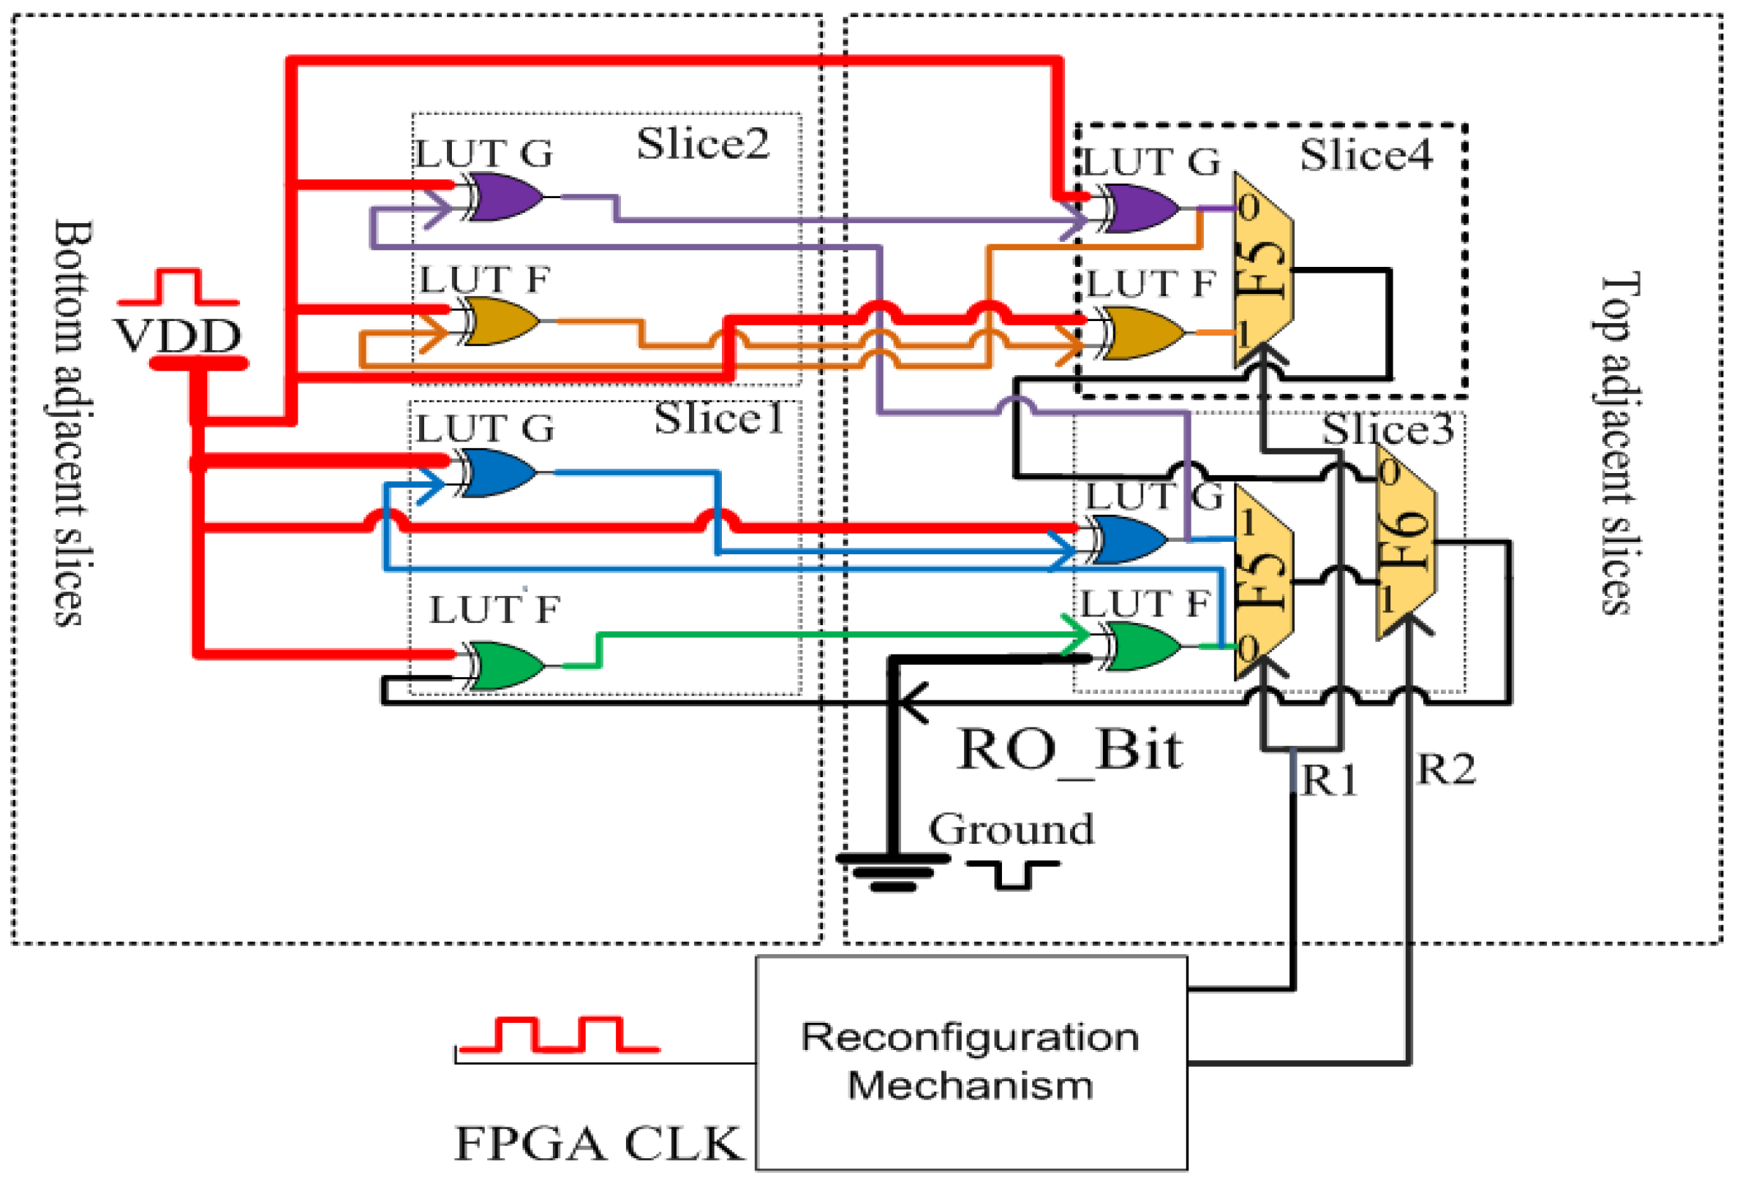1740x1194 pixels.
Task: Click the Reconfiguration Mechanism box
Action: tap(971, 1063)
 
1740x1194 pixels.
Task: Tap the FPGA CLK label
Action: tap(598, 1144)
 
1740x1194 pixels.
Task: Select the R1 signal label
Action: tap(1330, 781)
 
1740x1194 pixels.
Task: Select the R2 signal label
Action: tap(1445, 769)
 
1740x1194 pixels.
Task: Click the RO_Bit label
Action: tap(1069, 750)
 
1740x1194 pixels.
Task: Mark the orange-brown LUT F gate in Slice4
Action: tap(1142, 333)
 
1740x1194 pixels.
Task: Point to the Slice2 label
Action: tap(702, 144)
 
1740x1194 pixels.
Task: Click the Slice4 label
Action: tap(1366, 155)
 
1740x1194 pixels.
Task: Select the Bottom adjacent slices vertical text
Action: tap(71, 423)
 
